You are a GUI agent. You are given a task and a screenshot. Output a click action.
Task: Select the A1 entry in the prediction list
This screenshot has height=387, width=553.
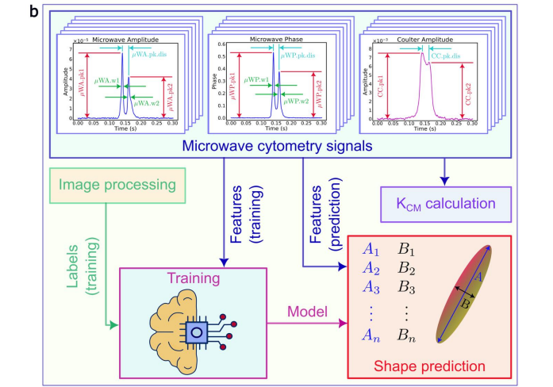click(x=372, y=249)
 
